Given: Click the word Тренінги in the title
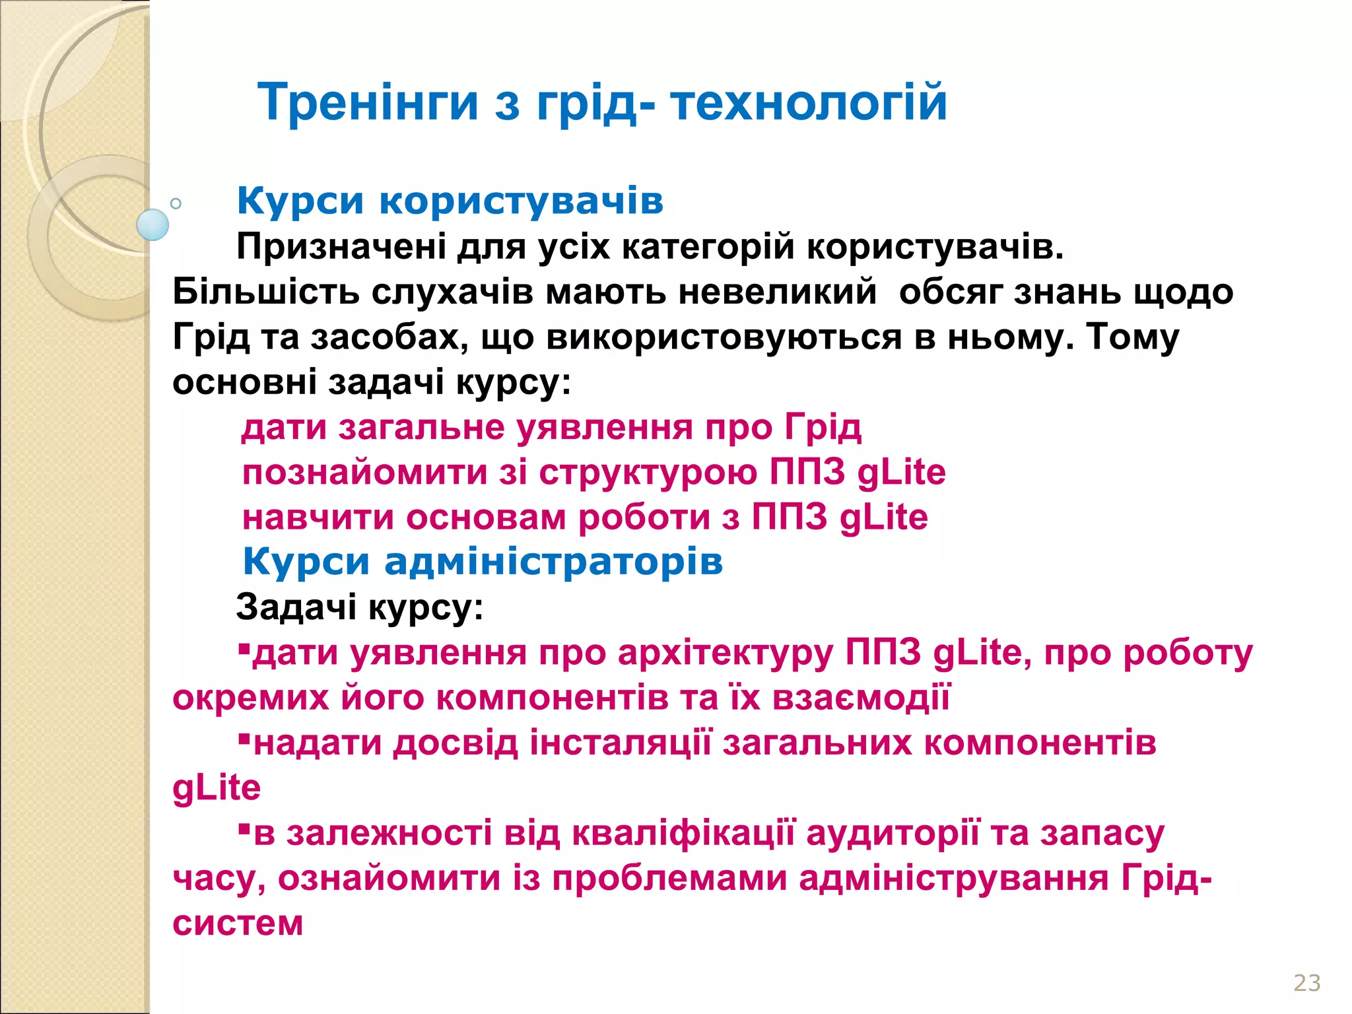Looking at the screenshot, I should [368, 103].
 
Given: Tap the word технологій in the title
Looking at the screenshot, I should [809, 103].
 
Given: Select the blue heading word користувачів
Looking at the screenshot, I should [522, 201].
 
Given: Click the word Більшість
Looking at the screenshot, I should [265, 292].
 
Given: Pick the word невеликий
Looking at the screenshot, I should [778, 292].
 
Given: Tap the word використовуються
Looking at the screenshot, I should [724, 337].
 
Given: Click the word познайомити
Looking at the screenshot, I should [364, 473].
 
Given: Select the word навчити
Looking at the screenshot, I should [318, 517].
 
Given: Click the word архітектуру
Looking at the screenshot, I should [726, 653].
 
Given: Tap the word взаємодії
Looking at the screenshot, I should [861, 698].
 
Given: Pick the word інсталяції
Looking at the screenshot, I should [621, 743].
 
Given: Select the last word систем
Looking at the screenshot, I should [238, 923].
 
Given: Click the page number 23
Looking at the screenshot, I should [1306, 983].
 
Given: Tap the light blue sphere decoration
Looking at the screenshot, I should [152, 224].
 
